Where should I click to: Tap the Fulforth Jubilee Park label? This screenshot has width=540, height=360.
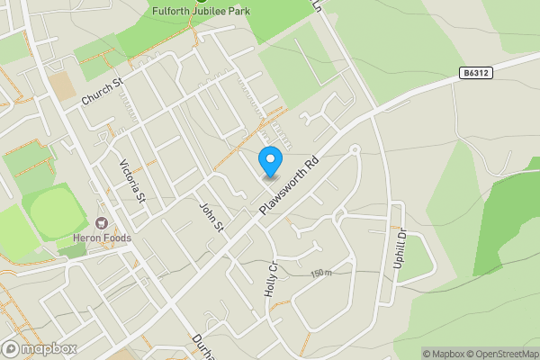tap(201, 11)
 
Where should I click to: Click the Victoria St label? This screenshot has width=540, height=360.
tap(132, 181)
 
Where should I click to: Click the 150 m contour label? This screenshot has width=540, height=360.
tap(320, 273)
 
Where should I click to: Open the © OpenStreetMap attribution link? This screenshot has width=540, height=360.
tap(501, 354)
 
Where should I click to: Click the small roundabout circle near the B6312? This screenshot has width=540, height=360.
tap(355, 148)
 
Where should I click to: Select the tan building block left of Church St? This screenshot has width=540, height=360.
tap(62, 85)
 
